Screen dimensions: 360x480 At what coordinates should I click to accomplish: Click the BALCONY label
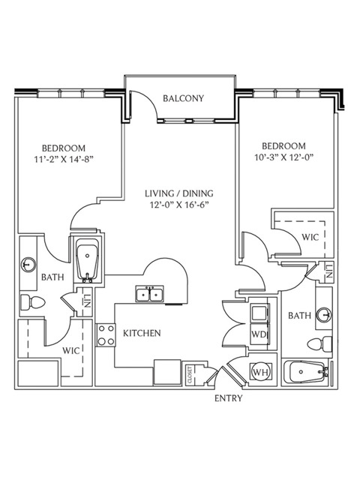click(183, 98)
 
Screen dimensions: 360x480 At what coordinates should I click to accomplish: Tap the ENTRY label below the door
click(228, 398)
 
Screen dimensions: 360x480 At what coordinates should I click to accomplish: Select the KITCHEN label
click(142, 333)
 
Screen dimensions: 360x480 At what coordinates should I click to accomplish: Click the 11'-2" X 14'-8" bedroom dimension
click(64, 160)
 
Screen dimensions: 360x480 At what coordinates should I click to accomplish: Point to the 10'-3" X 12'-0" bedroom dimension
click(285, 157)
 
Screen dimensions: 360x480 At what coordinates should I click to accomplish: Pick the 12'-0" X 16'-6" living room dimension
click(179, 205)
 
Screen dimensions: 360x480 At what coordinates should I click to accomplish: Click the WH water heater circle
click(261, 372)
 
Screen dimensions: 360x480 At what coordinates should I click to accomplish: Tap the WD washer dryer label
click(259, 334)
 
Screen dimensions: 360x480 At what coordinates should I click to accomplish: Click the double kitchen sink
click(150, 294)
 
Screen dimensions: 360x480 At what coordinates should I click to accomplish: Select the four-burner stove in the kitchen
click(106, 335)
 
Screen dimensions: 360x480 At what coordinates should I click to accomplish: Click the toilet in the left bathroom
click(32, 303)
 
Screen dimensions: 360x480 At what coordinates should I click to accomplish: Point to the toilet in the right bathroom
click(319, 344)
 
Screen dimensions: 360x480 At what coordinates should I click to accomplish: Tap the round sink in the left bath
click(28, 264)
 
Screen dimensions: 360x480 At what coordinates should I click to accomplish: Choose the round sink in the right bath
click(324, 315)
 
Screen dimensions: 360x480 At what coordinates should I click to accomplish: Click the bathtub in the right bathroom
click(305, 372)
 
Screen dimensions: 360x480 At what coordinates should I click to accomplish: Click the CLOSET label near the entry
click(190, 375)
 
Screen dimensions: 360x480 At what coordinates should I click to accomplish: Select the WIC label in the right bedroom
click(310, 237)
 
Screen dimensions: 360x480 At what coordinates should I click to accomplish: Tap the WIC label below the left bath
click(71, 350)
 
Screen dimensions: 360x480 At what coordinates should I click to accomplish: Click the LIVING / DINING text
click(179, 193)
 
